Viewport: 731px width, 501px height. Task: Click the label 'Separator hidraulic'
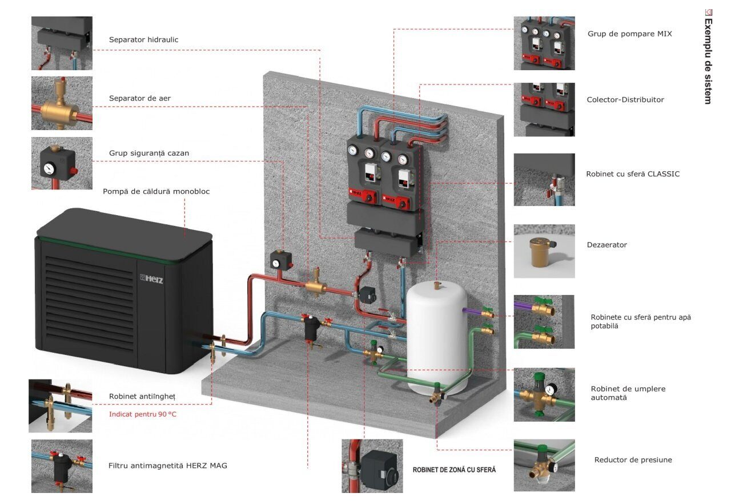point(143,40)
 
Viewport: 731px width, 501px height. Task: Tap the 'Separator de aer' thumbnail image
point(62,103)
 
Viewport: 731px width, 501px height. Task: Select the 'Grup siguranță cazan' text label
point(149,153)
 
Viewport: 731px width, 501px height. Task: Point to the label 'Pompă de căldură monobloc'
point(156,191)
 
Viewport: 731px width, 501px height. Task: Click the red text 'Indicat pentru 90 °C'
point(143,414)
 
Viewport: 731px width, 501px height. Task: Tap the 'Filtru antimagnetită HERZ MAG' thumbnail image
point(62,466)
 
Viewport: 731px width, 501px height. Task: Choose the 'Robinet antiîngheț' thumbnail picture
point(61,406)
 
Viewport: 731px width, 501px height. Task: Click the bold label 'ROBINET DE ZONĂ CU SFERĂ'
point(454,470)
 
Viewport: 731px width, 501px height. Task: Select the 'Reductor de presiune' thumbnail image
point(544,465)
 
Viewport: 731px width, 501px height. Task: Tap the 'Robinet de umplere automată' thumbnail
point(544,394)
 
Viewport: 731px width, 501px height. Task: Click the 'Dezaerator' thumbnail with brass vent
point(544,251)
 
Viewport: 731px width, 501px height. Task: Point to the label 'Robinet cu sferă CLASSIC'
point(633,174)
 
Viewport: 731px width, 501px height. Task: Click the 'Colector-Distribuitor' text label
point(625,100)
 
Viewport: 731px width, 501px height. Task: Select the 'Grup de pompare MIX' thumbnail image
point(544,43)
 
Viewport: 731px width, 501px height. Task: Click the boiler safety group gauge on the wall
point(277,263)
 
